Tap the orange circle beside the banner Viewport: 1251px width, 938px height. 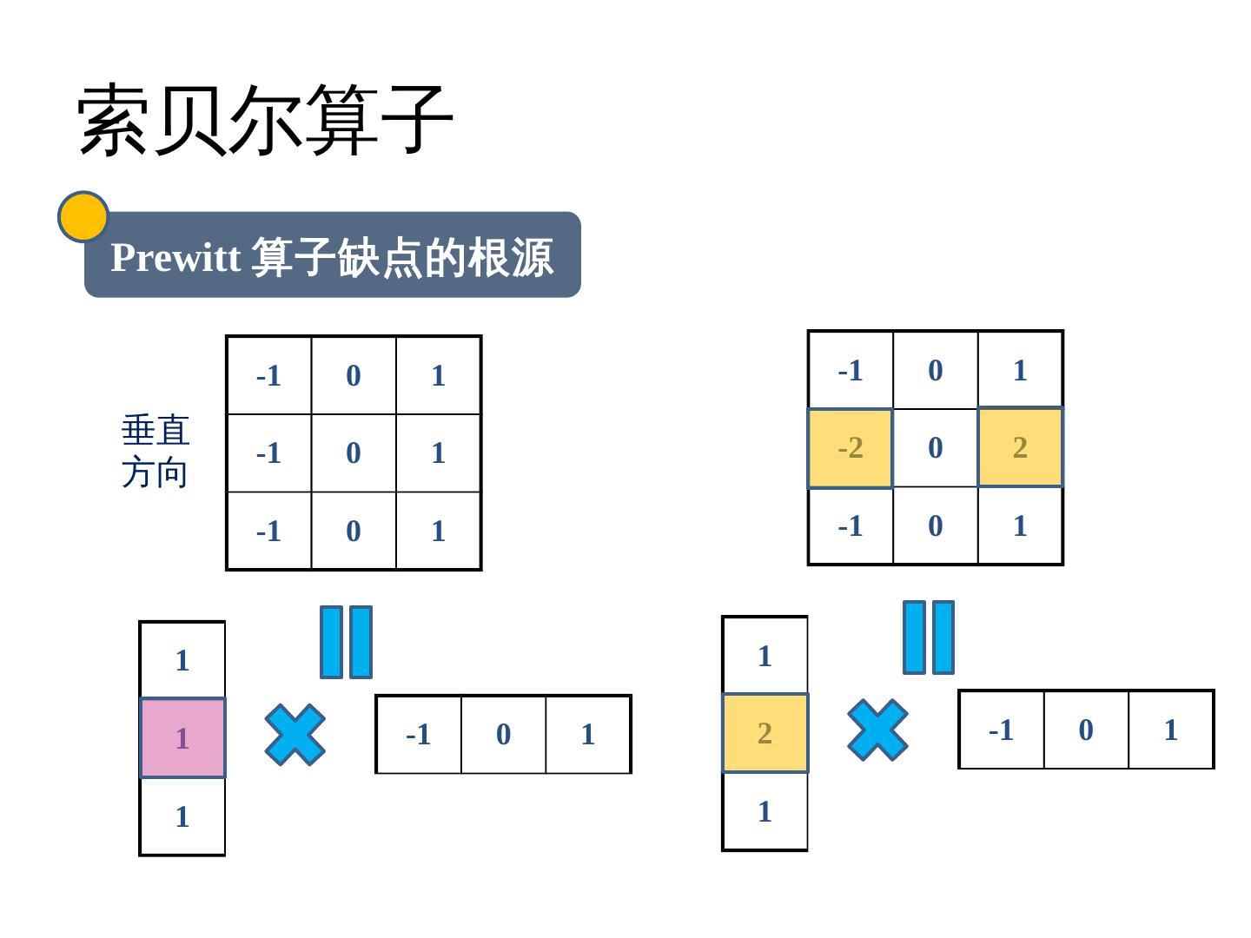point(83,217)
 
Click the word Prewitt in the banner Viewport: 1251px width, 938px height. point(175,257)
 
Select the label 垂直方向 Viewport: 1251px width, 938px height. point(155,452)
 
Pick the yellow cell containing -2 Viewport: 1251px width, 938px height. point(851,448)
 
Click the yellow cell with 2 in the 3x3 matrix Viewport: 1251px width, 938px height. point(1020,447)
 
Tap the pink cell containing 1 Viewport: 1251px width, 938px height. point(182,738)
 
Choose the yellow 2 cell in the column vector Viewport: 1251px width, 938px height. point(764,733)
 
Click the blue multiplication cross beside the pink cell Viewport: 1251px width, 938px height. point(295,735)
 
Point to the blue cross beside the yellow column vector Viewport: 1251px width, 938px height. point(877,730)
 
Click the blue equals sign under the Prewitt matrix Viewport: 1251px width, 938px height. point(346,642)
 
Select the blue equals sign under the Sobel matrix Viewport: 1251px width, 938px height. point(928,637)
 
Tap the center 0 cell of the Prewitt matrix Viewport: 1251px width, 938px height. point(354,452)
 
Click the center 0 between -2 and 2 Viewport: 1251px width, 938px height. point(936,447)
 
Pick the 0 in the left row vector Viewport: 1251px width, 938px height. point(504,735)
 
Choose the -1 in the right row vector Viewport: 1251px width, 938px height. point(1001,730)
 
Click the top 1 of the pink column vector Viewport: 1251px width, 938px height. point(182,660)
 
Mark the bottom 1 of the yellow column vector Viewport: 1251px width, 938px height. point(764,811)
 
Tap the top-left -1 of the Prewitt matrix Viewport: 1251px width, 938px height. point(268,375)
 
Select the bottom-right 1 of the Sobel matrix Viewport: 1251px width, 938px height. point(1020,525)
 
